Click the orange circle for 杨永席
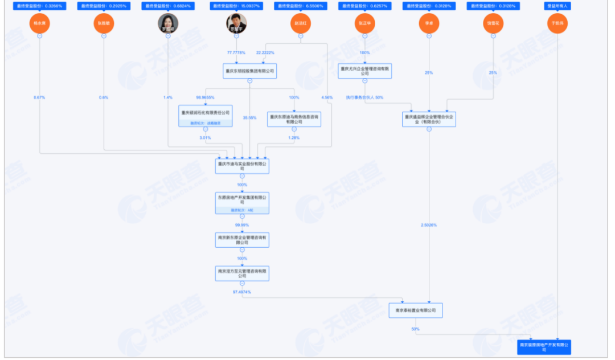click(39, 23)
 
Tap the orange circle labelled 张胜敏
click(104, 23)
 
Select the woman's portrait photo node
click(168, 23)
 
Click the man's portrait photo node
click(236, 23)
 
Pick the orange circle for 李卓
click(429, 23)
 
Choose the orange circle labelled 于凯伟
click(557, 23)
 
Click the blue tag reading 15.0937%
click(236, 6)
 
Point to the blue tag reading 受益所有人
click(557, 6)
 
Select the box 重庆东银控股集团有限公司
click(249, 71)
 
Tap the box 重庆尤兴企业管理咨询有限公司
click(365, 71)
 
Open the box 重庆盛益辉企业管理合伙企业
click(429, 118)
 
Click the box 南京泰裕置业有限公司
click(415, 310)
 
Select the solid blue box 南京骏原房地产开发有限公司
click(544, 347)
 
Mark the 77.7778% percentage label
click(236, 52)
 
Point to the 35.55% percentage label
click(249, 118)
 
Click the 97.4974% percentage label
click(242, 292)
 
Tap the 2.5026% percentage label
click(429, 225)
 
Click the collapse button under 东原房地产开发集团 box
click(242, 217)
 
